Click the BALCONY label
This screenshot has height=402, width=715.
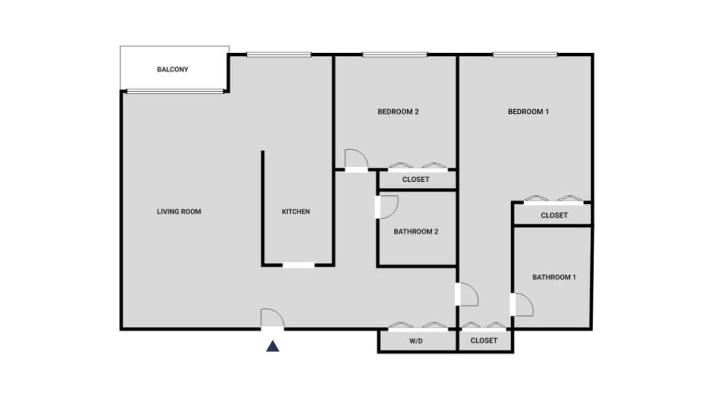pyautogui.click(x=172, y=70)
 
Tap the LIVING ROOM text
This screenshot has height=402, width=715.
pyautogui.click(x=179, y=212)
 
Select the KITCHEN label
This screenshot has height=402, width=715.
pyautogui.click(x=295, y=212)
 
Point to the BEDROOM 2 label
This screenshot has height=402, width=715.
pyautogui.click(x=398, y=112)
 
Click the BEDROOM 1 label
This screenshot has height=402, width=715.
pyautogui.click(x=528, y=112)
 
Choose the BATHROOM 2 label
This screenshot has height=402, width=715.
pyautogui.click(x=416, y=231)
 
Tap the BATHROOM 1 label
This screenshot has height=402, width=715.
pyautogui.click(x=554, y=277)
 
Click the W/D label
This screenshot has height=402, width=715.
pyautogui.click(x=416, y=341)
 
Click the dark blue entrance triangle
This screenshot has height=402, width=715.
pyautogui.click(x=273, y=347)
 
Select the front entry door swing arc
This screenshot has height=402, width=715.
pyautogui.click(x=273, y=317)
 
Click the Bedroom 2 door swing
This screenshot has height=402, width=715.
pyautogui.click(x=356, y=159)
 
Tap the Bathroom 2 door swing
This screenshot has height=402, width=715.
pyautogui.click(x=389, y=207)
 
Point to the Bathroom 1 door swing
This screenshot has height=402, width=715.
pyautogui.click(x=523, y=305)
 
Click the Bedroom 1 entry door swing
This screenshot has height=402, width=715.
pyautogui.click(x=468, y=295)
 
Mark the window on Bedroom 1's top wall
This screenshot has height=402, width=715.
pyautogui.click(x=525, y=55)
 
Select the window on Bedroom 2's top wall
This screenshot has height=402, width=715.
pyautogui.click(x=395, y=55)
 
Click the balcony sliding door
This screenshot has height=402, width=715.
pyautogui.click(x=175, y=91)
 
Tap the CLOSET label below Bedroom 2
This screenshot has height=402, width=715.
pyautogui.click(x=416, y=180)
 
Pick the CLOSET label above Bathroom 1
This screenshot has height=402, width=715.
pyautogui.click(x=554, y=215)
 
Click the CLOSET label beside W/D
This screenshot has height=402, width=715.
pyautogui.click(x=484, y=341)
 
